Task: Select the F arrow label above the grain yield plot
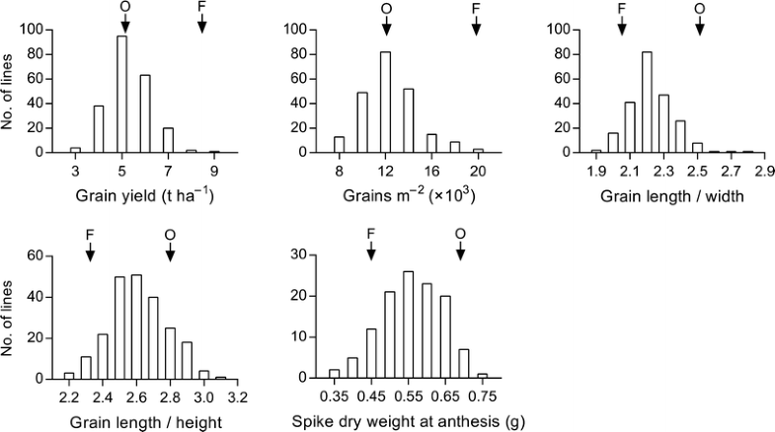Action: [201, 8]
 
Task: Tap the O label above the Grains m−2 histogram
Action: [385, 8]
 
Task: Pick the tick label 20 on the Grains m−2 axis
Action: [478, 171]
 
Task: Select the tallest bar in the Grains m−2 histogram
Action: [385, 108]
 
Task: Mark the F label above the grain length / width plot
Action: [621, 8]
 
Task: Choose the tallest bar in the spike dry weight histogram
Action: [408, 324]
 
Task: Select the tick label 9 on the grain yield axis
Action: [213, 171]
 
